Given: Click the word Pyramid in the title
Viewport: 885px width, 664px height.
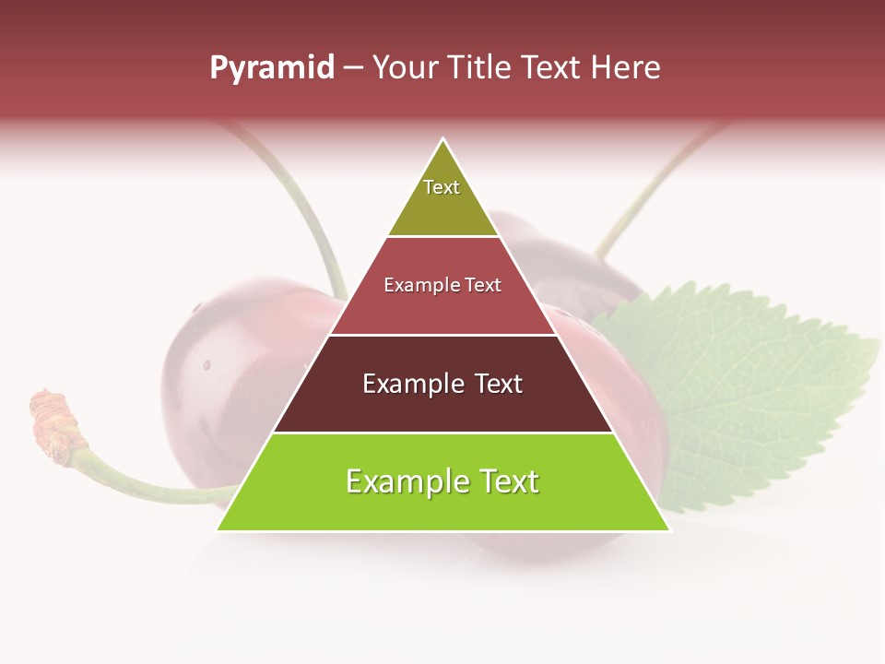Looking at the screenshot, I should pos(271,68).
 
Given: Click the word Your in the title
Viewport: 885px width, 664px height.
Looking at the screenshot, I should pos(407,68).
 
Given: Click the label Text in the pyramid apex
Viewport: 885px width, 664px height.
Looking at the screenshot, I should pos(442,187).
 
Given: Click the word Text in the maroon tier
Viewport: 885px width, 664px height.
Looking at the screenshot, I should pos(492,384).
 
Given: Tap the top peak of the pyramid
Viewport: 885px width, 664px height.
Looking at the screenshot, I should pos(443,140).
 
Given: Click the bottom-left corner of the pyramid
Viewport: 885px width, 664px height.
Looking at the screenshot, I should pos(218,529).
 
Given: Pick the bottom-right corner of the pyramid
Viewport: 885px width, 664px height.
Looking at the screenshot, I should pos(668,529).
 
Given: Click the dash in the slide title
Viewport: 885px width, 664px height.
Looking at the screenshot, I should pos(353,68).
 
